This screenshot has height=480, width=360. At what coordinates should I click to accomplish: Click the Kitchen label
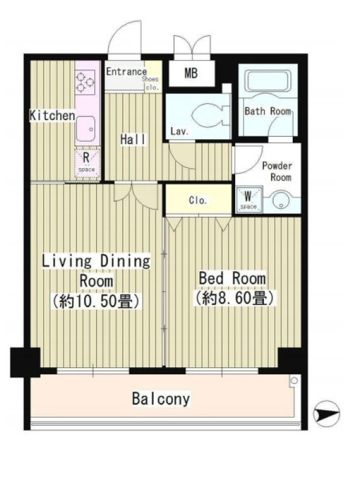coord(52,115)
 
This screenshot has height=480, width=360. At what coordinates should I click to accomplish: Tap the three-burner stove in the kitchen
coord(85,82)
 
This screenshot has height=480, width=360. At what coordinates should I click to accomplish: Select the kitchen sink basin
coord(86,129)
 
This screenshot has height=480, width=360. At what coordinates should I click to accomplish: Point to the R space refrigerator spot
coord(87,163)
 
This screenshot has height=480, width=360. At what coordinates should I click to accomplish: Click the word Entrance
coord(127,71)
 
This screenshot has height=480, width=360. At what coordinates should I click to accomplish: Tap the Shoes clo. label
coord(151,83)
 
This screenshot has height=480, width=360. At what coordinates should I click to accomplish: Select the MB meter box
coord(191,73)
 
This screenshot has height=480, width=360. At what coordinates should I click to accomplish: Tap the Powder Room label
coord(277,172)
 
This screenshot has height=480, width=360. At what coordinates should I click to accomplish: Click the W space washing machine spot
coord(248,199)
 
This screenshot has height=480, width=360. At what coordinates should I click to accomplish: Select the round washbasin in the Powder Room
coord(281,202)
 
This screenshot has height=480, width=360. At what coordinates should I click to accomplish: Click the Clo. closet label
coord(198,200)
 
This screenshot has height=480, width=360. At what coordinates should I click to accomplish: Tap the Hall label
coord(133,140)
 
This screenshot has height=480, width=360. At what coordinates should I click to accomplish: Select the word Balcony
coord(161,399)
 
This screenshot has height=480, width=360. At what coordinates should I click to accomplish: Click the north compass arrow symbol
coord(326,414)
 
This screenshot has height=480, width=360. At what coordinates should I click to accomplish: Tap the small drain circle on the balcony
coord(294,381)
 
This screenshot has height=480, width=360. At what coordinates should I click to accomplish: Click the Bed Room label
coord(232,278)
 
